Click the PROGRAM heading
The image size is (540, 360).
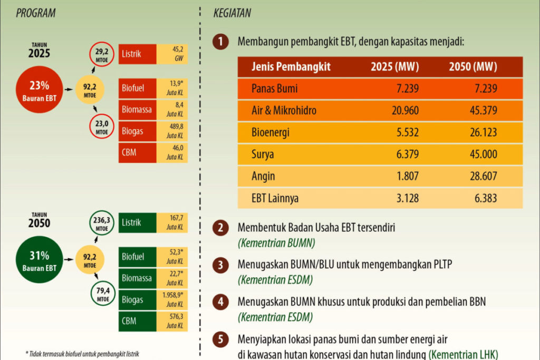point(36,13)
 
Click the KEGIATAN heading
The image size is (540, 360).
point(232,13)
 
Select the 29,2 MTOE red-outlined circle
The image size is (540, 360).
point(102,55)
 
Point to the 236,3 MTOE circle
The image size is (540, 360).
point(102,223)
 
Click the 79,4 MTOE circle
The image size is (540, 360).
point(102,295)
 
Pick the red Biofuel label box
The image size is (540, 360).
point(137,87)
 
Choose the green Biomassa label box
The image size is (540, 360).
point(137,278)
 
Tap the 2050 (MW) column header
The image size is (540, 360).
point(472,67)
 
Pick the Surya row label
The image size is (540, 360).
point(264,154)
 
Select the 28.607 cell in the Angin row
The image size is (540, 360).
point(480,176)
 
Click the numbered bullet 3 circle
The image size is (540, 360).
point(220,265)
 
